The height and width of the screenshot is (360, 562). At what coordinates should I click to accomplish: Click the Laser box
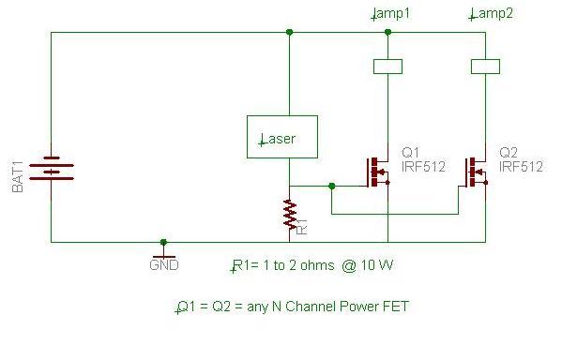(282, 137)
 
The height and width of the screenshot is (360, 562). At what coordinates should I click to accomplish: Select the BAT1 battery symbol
(52, 168)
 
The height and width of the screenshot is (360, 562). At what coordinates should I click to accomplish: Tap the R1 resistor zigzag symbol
(290, 214)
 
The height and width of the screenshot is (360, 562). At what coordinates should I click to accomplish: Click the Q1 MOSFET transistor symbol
(377, 172)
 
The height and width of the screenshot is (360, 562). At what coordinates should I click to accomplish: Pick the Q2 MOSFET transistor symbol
(476, 172)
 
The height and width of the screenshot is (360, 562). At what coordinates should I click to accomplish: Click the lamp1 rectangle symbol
(387, 67)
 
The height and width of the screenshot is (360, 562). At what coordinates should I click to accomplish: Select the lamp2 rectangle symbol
(485, 67)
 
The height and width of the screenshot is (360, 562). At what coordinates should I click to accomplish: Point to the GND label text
(164, 265)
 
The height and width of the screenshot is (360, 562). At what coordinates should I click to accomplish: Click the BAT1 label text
(18, 177)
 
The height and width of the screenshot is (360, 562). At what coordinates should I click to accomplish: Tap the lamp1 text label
(390, 14)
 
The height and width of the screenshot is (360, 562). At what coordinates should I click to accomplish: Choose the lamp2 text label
(491, 14)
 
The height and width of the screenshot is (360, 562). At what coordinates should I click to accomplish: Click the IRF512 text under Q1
(423, 167)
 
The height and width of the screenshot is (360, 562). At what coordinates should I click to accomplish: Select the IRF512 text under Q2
(521, 167)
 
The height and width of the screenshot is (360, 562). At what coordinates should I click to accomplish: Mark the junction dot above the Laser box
(290, 32)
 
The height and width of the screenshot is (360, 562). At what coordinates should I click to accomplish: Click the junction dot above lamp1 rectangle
(387, 32)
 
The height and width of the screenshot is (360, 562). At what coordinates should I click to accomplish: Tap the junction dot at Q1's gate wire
(332, 187)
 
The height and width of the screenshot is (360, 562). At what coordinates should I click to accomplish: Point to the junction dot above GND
(164, 242)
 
